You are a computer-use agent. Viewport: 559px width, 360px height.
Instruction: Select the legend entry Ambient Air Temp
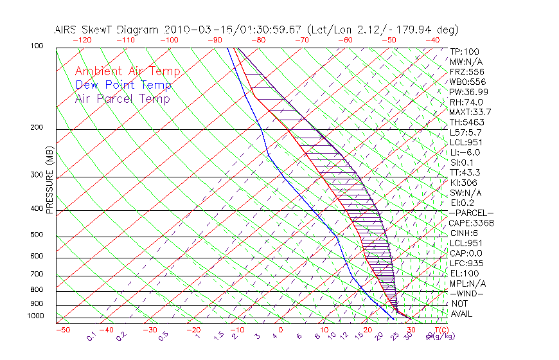click(x=127, y=71)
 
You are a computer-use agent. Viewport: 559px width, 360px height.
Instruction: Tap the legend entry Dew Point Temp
click(x=123, y=85)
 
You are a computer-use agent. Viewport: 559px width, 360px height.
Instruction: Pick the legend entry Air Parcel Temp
click(x=122, y=98)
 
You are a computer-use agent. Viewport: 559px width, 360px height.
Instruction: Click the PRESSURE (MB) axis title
click(x=49, y=180)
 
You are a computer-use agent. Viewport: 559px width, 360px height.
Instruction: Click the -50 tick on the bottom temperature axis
click(x=62, y=330)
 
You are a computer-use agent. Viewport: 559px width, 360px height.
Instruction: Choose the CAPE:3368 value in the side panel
click(x=471, y=223)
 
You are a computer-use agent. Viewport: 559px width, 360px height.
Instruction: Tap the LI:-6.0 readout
click(x=465, y=152)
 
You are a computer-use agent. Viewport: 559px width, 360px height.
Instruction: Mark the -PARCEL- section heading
click(x=471, y=213)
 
